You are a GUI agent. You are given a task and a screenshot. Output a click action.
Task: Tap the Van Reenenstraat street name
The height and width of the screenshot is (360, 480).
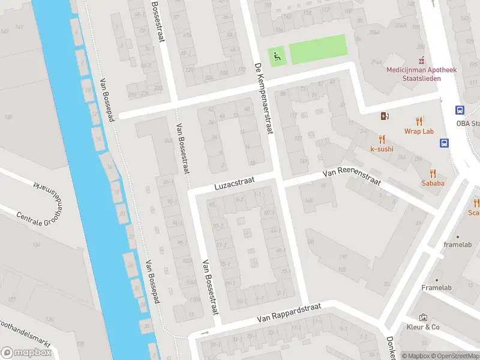coord(352,177)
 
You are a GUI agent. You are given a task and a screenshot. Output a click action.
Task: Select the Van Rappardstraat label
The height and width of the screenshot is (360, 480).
coord(289,312)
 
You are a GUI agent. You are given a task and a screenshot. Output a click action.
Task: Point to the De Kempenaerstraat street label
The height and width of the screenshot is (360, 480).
coord(263,96)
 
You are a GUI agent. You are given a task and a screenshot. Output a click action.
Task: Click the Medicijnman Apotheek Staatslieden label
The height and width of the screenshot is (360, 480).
coord(421,74)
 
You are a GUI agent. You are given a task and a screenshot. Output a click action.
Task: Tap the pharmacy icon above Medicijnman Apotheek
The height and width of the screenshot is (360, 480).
coord(422,60)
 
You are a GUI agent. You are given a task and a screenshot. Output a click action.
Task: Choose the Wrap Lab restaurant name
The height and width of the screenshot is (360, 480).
coord(418,131)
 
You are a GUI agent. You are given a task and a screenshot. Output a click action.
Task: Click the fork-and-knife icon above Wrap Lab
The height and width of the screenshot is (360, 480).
coord(419,121)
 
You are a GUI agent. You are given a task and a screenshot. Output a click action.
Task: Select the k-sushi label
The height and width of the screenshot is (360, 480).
coord(382,148)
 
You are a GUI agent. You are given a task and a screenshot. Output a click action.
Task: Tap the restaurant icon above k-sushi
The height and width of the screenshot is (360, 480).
coord(382,139)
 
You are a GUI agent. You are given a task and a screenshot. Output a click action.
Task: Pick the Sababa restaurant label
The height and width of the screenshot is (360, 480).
coord(433,183)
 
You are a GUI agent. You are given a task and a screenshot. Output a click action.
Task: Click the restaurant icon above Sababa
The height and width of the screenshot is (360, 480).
coord(433,172)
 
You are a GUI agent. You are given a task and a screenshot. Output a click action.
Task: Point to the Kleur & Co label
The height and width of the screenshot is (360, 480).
coord(424,327)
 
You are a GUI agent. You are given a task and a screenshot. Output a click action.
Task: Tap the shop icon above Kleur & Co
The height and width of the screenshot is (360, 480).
coord(424,317)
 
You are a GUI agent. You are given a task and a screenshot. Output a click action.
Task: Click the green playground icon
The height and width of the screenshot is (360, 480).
coord(277,56)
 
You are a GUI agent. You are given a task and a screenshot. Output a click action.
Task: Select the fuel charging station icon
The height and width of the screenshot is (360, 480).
coord(385,116)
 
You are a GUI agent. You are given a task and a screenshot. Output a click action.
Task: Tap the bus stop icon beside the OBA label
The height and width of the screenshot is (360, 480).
coord(460,110)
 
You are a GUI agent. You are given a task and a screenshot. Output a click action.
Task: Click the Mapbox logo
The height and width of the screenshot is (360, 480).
coord(26,353)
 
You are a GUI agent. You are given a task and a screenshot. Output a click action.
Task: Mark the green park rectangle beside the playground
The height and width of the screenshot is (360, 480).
coord(318,49)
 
